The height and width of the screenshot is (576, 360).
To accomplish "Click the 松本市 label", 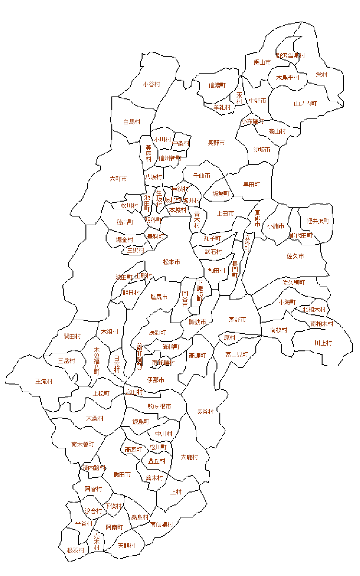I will [171, 262].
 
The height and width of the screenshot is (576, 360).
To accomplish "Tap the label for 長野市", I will [216, 143].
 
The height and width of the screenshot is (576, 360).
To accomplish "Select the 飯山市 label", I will [262, 62].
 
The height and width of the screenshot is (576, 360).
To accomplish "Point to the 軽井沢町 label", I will [318, 221].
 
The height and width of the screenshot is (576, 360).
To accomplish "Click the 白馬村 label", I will [132, 122].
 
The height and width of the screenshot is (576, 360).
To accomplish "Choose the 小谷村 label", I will [151, 84].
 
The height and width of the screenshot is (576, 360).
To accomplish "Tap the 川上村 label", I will [323, 343].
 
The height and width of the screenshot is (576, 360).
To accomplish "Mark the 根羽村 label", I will [76, 550].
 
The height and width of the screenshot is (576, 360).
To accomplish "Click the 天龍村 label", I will [126, 546].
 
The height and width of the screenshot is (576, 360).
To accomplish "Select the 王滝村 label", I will [44, 382].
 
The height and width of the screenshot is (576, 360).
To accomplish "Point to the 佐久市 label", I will [295, 256].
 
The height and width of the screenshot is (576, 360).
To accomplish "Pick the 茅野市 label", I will [237, 320].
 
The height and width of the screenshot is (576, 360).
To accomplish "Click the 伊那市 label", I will [156, 380].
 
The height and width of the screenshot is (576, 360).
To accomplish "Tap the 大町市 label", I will [118, 179].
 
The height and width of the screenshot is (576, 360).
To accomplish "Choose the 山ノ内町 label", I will [305, 104].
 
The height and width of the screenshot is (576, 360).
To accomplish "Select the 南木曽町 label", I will [83, 444].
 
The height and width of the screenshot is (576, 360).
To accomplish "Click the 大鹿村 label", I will [189, 457].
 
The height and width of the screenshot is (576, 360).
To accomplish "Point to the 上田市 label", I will [226, 214].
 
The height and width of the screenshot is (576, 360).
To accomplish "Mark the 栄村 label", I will [322, 75].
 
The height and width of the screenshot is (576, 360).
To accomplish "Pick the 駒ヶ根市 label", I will [159, 407].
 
